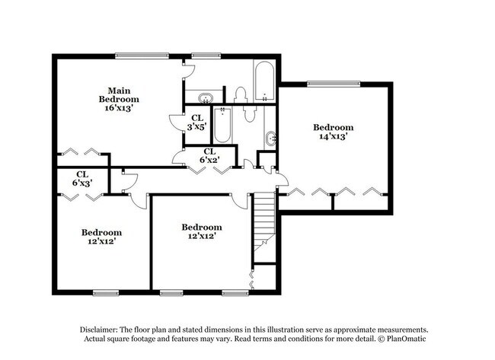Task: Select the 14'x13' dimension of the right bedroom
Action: (334, 137)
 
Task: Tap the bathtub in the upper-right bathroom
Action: (263, 81)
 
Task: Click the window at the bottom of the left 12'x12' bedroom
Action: (104, 293)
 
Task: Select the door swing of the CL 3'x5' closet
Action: (174, 122)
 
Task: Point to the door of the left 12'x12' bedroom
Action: (139, 199)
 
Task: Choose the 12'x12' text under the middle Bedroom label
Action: (201, 237)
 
